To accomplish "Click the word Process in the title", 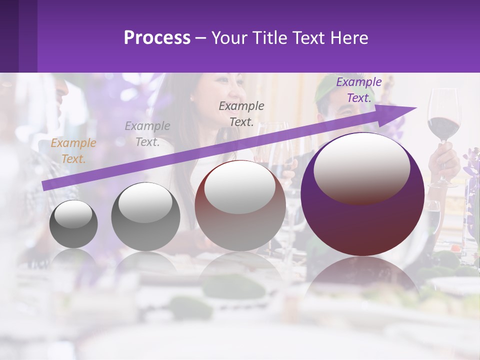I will point(157,38).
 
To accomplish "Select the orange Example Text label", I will point(73,151).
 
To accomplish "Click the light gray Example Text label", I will point(147,133).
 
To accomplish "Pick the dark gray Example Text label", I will point(241,113).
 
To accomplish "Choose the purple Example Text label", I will point(358,90).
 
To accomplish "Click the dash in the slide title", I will point(200,38).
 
